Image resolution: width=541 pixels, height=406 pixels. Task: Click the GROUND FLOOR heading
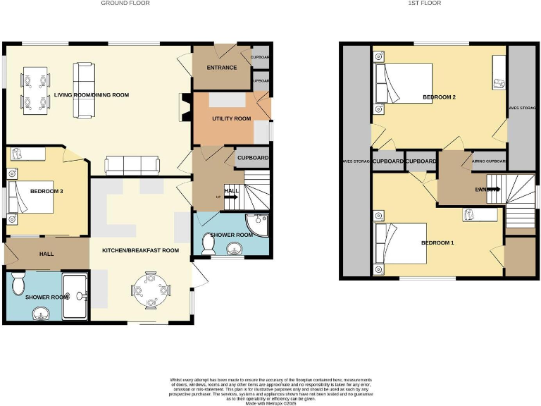click(125, 4)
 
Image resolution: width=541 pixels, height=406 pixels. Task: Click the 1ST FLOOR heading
click(425, 4)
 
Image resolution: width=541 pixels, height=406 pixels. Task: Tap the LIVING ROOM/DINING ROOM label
click(92, 94)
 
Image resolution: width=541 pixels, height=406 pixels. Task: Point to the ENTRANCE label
click(221, 68)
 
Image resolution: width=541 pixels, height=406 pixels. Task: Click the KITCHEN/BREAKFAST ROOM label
click(140, 250)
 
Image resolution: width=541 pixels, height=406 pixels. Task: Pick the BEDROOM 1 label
click(437, 243)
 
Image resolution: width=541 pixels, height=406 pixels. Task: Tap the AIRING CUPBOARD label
click(488, 161)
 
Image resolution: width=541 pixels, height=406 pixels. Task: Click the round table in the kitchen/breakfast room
click(149, 290)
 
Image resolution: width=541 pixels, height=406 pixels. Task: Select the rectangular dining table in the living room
click(35, 91)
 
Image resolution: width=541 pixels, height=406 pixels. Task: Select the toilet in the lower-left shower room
click(20, 284)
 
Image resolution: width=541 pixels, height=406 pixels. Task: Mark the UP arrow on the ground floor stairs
click(230, 197)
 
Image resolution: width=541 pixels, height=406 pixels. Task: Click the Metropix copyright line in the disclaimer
click(270, 402)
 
